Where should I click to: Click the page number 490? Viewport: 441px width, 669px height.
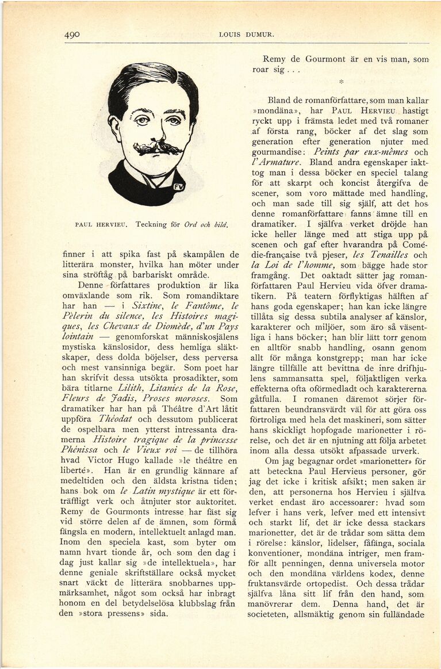point(72,35)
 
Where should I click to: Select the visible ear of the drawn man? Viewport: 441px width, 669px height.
point(115,128)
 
